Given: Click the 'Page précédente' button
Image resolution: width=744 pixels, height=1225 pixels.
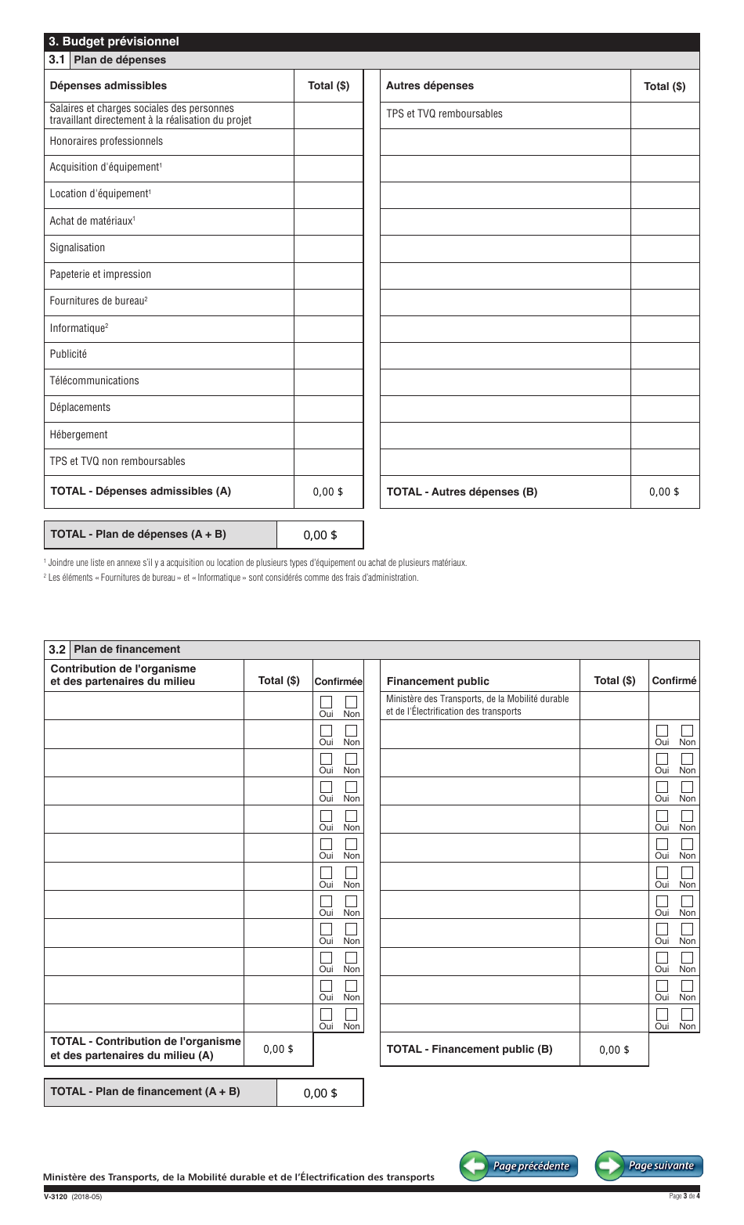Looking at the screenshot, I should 518,1166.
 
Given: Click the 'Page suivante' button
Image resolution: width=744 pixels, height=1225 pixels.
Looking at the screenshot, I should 649,1166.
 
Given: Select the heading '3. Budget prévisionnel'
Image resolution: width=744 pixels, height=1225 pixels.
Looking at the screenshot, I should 114,42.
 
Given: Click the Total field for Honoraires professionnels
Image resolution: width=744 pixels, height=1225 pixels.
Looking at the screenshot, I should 328,142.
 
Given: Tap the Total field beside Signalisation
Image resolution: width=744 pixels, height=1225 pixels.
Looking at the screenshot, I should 328,248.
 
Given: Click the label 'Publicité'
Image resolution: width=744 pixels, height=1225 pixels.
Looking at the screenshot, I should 69,354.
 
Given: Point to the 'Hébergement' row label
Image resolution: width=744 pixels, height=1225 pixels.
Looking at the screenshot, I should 79,434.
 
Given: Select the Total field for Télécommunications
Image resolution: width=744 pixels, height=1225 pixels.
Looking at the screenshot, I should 328,381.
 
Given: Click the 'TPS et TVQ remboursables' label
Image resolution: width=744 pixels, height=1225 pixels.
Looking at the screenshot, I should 444,114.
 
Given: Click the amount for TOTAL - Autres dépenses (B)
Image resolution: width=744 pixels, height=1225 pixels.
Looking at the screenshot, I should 664,492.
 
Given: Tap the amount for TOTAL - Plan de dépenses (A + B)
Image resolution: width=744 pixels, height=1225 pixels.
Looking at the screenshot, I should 320,535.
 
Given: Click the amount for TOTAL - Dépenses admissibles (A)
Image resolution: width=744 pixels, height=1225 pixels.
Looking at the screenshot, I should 327,492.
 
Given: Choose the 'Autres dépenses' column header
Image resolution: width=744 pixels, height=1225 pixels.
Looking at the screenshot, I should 430,86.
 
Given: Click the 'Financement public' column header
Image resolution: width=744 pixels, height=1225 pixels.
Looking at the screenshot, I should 438,681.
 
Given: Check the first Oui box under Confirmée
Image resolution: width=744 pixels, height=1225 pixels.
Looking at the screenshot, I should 327,702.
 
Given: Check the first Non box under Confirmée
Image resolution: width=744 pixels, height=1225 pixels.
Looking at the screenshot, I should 352,702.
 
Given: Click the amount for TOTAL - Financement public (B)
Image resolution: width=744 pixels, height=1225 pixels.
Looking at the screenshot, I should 614,1050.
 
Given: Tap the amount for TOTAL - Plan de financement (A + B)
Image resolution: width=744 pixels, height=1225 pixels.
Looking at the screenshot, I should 320,1093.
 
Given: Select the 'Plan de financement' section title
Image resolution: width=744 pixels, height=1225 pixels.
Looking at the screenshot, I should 127,650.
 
